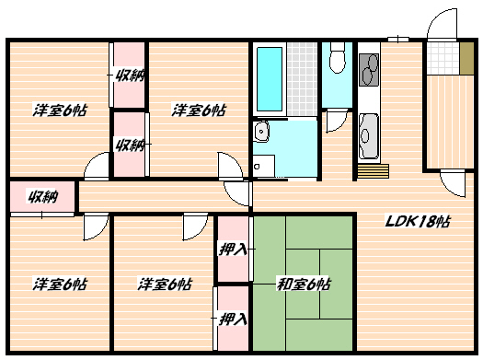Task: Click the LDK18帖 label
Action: point(418,222)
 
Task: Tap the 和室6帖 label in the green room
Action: point(304,284)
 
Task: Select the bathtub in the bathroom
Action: point(270,80)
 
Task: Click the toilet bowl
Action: point(337,61)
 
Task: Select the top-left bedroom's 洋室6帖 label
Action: point(61,110)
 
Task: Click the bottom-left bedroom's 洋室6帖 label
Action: point(61,283)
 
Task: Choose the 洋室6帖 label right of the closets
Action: point(199,110)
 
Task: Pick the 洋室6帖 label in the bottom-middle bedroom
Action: point(165,283)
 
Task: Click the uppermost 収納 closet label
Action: point(130,75)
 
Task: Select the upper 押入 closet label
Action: point(233,249)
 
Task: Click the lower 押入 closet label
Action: point(233,319)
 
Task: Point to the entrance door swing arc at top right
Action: point(439,26)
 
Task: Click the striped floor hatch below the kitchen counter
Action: point(373,171)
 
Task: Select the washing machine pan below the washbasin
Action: point(263,167)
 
